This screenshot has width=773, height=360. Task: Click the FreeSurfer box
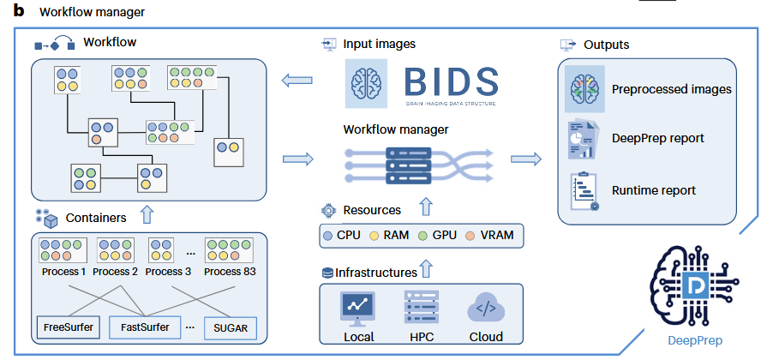[x=68, y=327]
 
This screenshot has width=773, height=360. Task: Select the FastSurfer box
[x=146, y=327]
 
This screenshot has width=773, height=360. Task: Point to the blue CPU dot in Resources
[x=329, y=234]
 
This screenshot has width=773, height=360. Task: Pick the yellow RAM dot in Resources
[x=375, y=234]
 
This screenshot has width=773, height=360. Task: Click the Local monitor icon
[x=358, y=306]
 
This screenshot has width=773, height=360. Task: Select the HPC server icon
[x=420, y=306]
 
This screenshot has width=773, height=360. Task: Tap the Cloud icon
[x=485, y=307]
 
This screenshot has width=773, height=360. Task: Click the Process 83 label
[x=231, y=272]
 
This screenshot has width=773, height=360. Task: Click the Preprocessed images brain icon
[x=585, y=89]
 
